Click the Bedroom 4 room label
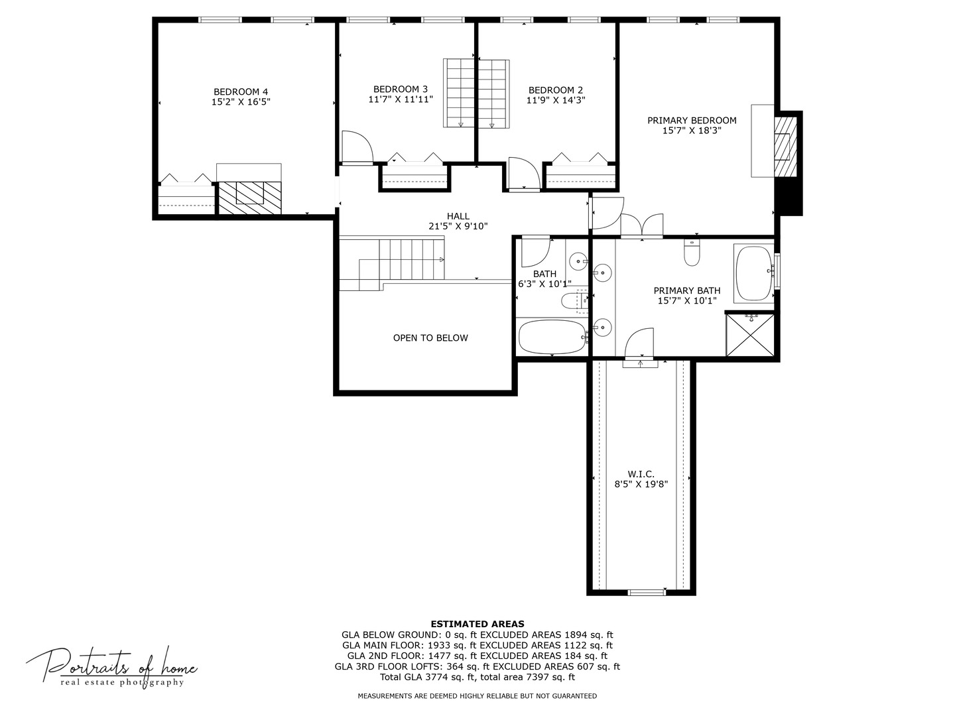point(241,91)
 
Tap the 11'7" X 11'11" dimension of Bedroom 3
point(401,99)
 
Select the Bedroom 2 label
point(556,90)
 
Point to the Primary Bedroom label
point(692,121)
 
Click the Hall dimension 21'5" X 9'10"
point(458,226)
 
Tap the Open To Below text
point(430,338)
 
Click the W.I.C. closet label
point(641,474)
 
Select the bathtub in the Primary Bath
point(754,274)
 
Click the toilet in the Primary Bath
point(692,253)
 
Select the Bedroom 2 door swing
point(523,174)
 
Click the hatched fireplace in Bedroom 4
point(250,197)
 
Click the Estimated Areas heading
point(477,624)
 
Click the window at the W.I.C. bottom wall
point(647,592)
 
